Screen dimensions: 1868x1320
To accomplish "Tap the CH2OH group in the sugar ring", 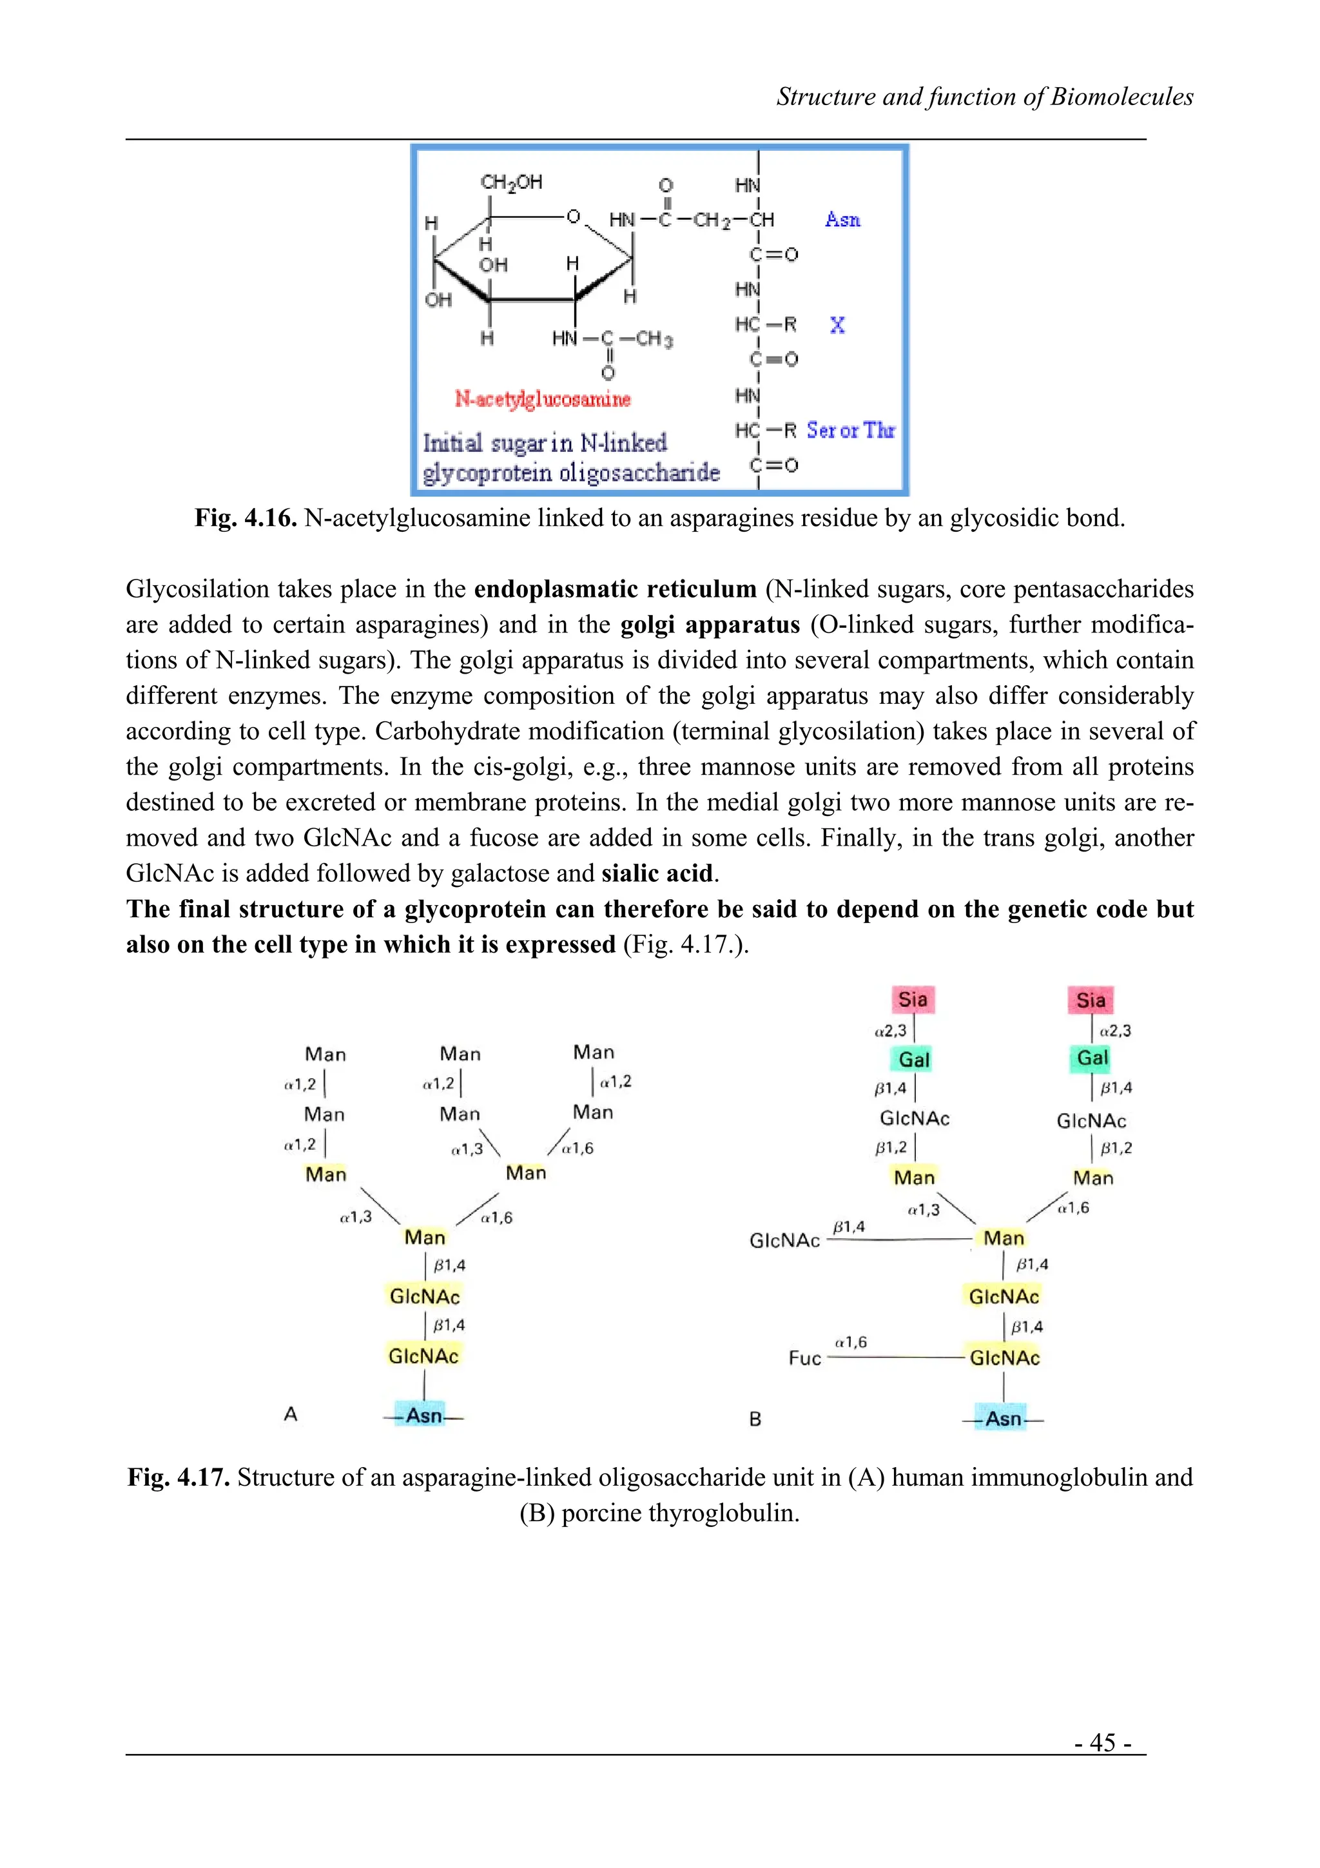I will pos(510,182).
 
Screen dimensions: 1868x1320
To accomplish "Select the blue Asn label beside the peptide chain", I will pos(842,220).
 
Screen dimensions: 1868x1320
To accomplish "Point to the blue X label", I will pos(837,326).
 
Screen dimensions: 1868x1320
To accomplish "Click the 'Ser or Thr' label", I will pos(850,431).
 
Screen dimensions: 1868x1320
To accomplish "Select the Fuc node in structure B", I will pos(804,1358).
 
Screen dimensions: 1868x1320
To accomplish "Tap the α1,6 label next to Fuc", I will pos(851,1341).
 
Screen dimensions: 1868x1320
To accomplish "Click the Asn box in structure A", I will pos(423,1416).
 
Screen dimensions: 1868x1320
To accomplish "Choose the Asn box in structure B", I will pos(1003,1419).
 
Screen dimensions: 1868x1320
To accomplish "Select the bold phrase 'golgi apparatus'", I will pos(710,625).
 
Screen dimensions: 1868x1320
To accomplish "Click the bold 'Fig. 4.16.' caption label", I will pos(246,518).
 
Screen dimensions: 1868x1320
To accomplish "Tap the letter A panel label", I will pos(290,1415).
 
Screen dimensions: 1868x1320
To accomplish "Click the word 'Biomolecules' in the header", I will pos(1121,97).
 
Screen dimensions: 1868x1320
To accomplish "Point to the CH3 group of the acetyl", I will pos(654,338).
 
